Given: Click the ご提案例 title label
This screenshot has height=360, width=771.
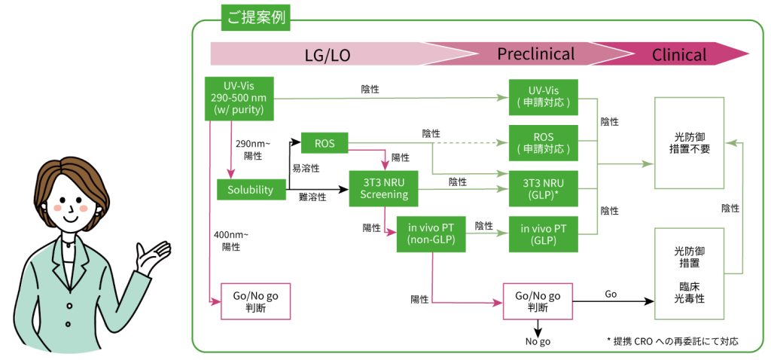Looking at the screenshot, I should pos(254,17).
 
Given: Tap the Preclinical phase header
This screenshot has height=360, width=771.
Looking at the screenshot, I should pos(535,54).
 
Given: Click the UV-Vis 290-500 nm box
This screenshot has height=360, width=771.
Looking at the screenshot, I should pos(238,98).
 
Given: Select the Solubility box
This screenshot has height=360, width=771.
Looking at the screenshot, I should pos(251,190).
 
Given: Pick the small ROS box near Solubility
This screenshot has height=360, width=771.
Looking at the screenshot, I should pos(323,142).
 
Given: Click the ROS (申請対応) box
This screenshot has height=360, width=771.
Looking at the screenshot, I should pos(543,142).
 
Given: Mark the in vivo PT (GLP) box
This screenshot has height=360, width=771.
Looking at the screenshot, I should pos(543,233).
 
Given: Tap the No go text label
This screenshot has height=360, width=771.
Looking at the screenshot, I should pos(538,342).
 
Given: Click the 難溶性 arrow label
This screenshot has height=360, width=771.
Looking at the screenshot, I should pos(312,197).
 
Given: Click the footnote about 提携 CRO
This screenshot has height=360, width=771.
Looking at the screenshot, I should pos(672,341).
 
